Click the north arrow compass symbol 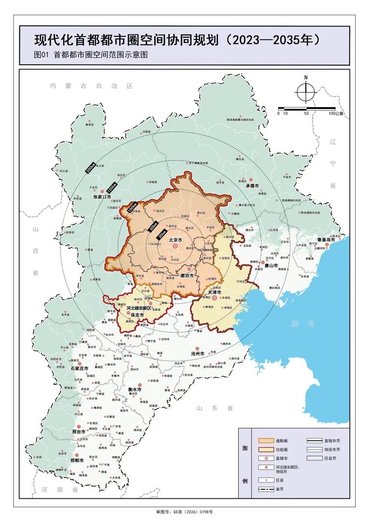(x=306, y=91)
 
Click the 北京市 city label (x=175, y=240)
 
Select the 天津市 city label (x=214, y=292)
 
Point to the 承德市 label (x=253, y=186)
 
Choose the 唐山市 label (x=271, y=265)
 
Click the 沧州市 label (x=199, y=353)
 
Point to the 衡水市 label (x=135, y=389)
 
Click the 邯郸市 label (x=78, y=460)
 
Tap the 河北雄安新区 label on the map (x=139, y=308)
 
